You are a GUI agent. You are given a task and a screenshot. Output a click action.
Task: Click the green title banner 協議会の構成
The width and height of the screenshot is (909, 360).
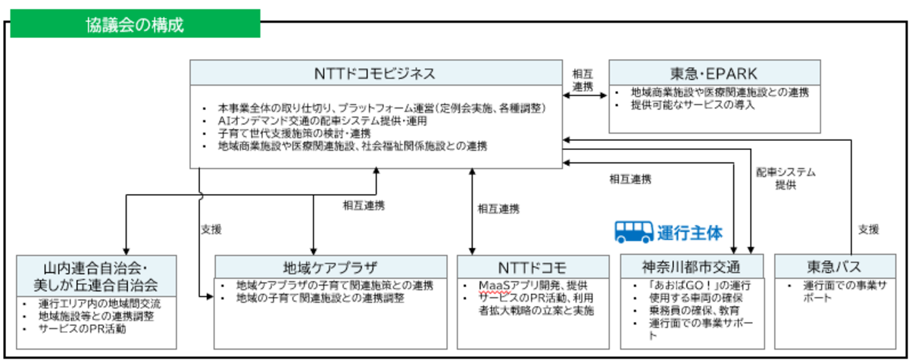134,23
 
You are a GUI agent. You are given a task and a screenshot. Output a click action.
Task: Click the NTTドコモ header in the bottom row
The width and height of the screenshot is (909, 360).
533,267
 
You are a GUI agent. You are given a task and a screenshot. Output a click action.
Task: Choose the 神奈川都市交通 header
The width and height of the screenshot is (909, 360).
691,267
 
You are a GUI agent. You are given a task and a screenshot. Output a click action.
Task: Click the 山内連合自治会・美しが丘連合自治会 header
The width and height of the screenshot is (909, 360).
98,275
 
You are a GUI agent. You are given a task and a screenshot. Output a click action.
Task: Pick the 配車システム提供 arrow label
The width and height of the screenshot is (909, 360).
785,178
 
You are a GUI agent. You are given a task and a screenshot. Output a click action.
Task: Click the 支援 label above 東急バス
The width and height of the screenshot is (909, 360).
868,228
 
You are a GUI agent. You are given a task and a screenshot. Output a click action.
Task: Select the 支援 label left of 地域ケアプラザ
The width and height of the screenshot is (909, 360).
211,227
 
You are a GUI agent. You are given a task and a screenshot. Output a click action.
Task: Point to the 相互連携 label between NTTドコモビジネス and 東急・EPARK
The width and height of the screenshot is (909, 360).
583,80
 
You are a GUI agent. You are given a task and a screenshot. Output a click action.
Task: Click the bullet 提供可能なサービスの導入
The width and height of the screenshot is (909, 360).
692,105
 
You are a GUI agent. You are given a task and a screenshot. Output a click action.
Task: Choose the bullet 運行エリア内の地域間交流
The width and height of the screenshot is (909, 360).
98,304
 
